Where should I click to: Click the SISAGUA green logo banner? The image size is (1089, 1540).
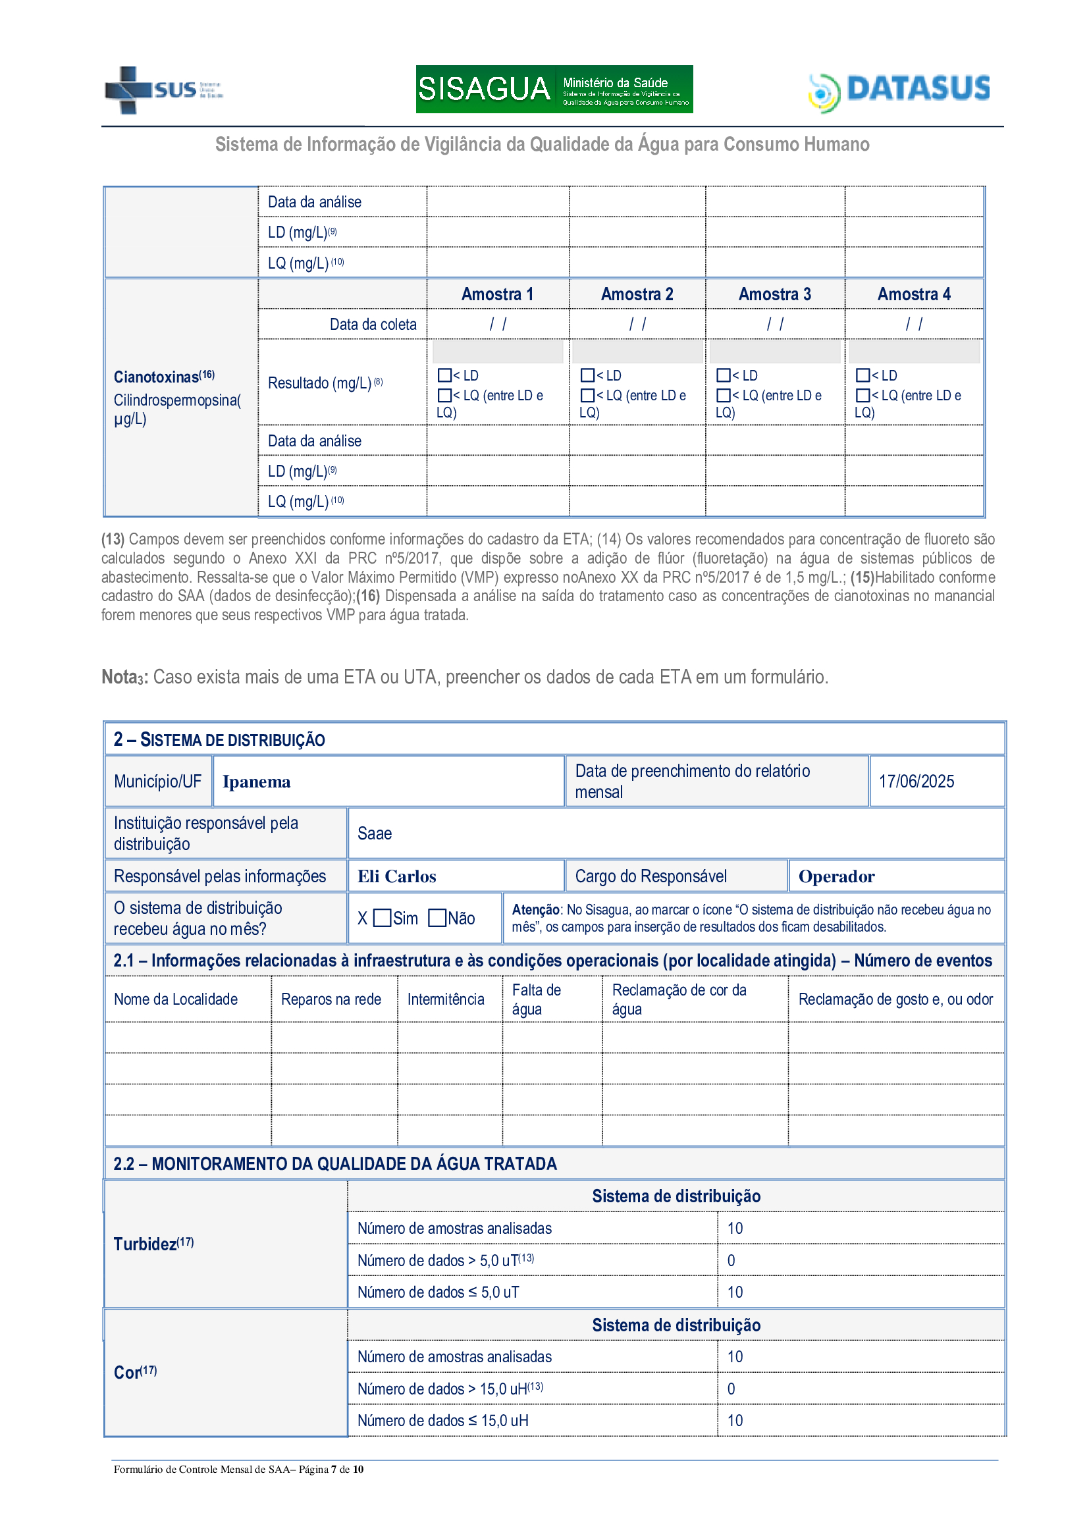[554, 89]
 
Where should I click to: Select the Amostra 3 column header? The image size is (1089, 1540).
[774, 294]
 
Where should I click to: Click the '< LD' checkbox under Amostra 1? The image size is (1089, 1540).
[444, 375]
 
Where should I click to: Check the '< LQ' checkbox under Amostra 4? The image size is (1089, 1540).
[863, 396]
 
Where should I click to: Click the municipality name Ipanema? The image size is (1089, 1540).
[256, 782]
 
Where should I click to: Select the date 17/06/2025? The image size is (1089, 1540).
[916, 782]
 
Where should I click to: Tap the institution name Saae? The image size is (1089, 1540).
[374, 834]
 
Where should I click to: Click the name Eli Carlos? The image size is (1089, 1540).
[396, 876]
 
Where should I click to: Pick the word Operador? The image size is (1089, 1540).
[836, 876]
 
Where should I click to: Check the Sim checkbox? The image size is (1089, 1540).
[383, 918]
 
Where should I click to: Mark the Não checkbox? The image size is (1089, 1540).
[437, 918]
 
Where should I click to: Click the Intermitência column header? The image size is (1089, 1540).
[445, 999]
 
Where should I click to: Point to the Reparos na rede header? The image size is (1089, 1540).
[331, 999]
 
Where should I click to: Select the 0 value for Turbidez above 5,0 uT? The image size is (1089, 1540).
[731, 1261]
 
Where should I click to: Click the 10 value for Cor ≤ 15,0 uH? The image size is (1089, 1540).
[735, 1421]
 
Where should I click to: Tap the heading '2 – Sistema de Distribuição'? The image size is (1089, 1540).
[219, 740]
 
